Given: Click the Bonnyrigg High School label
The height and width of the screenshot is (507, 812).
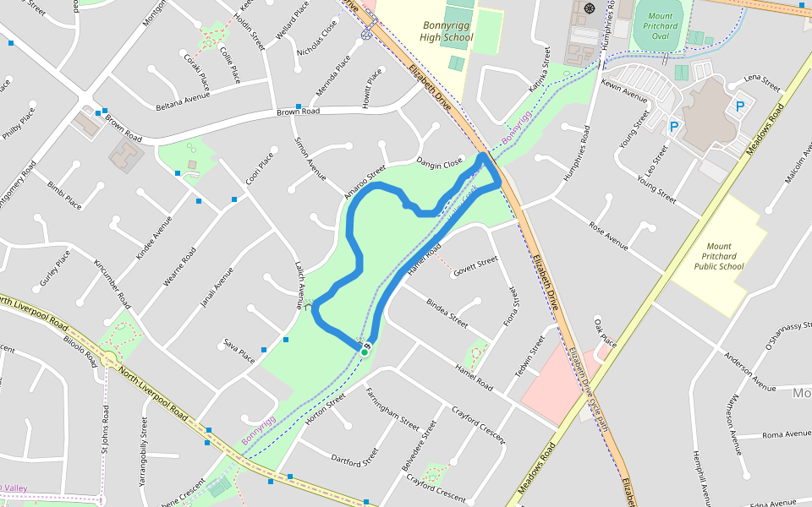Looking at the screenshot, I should click(447, 31).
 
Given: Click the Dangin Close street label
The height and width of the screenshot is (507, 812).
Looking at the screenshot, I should click(440, 161).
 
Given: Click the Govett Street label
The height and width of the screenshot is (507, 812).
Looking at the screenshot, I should click(475, 268).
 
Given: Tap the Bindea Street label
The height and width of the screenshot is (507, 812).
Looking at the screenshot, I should click(447, 313).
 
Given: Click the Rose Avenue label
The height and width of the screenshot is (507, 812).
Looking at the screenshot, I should click(609, 237).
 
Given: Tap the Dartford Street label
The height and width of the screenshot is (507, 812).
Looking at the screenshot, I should click(354, 460).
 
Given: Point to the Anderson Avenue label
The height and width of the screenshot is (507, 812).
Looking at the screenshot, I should click(749, 372).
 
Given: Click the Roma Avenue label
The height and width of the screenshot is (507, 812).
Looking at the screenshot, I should click(786, 434).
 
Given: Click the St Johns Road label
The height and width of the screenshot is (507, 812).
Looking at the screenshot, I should click(106, 429).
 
